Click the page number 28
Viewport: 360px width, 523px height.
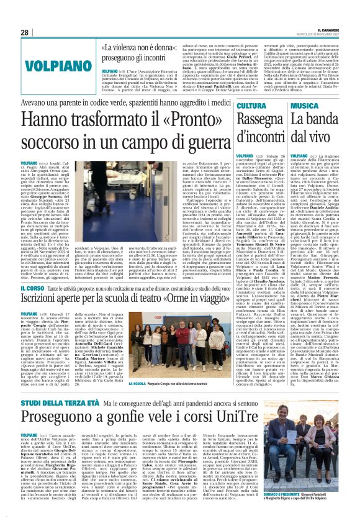coord(24,32)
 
